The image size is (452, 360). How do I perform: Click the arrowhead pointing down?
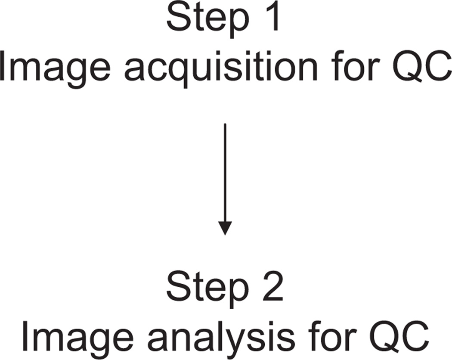click(225, 228)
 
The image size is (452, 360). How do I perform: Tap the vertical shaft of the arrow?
click(225, 172)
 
